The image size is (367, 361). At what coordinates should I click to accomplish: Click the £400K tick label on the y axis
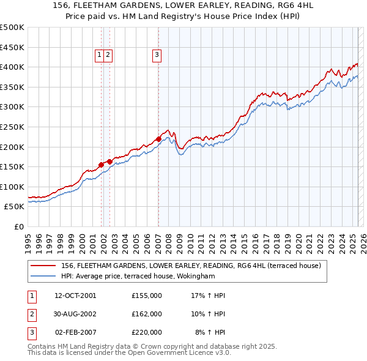12,67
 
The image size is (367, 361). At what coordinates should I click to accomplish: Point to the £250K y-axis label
12,127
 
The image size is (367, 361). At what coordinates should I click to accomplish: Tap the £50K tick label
15,207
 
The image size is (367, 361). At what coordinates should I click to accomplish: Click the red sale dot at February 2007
158,139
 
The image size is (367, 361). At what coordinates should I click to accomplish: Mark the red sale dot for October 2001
101,165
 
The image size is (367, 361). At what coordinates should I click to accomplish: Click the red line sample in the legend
43,266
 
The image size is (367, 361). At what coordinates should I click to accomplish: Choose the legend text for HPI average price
138,277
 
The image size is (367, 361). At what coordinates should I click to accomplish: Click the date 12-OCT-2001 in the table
75,296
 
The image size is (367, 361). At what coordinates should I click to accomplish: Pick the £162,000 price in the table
147,314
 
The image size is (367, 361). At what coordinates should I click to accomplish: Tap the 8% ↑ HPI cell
210,332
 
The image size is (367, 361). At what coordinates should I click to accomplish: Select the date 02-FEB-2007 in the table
75,332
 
